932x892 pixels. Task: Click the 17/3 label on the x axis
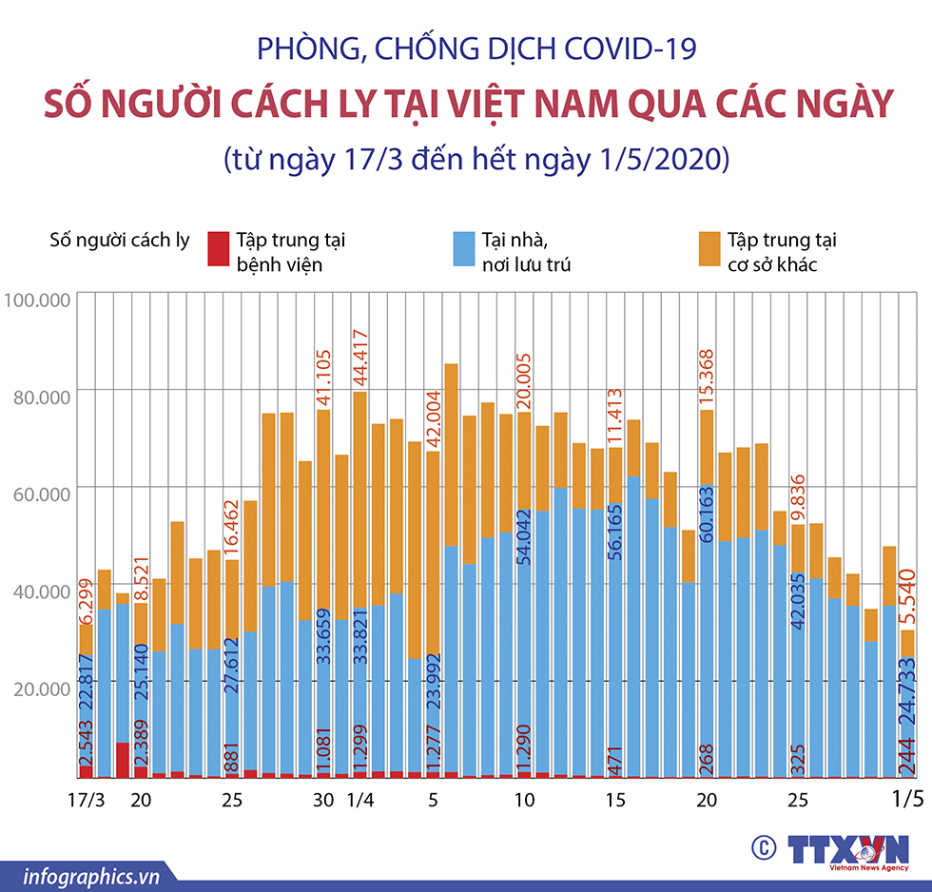pos(87,801)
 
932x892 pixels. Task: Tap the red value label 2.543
pos(87,750)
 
